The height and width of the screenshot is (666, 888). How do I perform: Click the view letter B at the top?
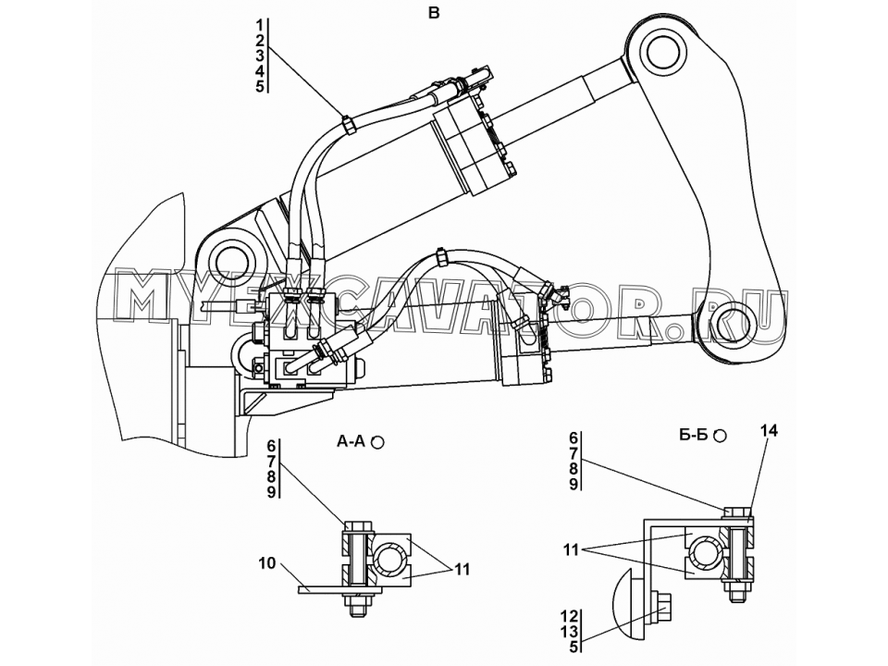click(434, 12)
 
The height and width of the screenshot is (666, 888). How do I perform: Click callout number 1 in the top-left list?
click(260, 26)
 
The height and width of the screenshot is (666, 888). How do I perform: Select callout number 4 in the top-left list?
click(260, 71)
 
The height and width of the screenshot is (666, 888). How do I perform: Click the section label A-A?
click(351, 441)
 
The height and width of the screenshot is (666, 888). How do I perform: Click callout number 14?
click(769, 431)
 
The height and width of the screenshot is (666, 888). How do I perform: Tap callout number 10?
click(267, 563)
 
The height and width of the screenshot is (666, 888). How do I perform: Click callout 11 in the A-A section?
click(462, 570)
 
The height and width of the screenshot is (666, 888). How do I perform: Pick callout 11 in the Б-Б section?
click(571, 549)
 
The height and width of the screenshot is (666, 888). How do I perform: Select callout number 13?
click(571, 631)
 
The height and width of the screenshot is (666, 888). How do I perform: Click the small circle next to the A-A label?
click(377, 442)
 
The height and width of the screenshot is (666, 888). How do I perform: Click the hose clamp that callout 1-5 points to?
click(349, 125)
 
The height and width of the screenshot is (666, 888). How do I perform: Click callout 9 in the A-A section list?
click(271, 492)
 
